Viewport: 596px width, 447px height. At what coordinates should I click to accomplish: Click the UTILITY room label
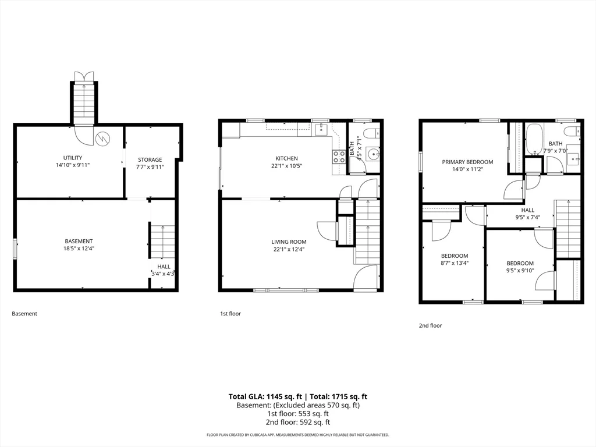click(73, 158)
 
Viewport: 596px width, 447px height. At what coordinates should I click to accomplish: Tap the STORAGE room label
click(150, 159)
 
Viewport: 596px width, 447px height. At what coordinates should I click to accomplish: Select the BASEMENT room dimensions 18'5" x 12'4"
click(79, 249)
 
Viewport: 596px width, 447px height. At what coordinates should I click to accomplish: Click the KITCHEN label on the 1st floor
click(286, 158)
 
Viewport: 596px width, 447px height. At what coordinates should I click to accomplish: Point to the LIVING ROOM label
click(289, 242)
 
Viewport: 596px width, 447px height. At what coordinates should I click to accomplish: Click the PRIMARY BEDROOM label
click(467, 162)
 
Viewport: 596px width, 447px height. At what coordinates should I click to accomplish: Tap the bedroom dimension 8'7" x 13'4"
click(455, 263)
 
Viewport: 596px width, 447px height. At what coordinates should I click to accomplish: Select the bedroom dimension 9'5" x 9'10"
click(520, 271)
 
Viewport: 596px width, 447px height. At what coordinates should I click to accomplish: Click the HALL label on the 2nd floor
click(527, 210)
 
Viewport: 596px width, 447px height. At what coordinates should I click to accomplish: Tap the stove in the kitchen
click(339, 156)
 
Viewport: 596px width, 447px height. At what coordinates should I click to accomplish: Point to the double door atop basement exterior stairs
click(84, 77)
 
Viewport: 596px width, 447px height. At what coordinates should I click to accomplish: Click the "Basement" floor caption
click(24, 314)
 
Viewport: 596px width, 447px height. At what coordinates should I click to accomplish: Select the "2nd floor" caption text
click(430, 326)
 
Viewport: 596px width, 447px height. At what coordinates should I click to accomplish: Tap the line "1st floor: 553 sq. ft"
click(297, 414)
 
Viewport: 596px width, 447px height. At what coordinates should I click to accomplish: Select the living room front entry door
click(366, 278)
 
